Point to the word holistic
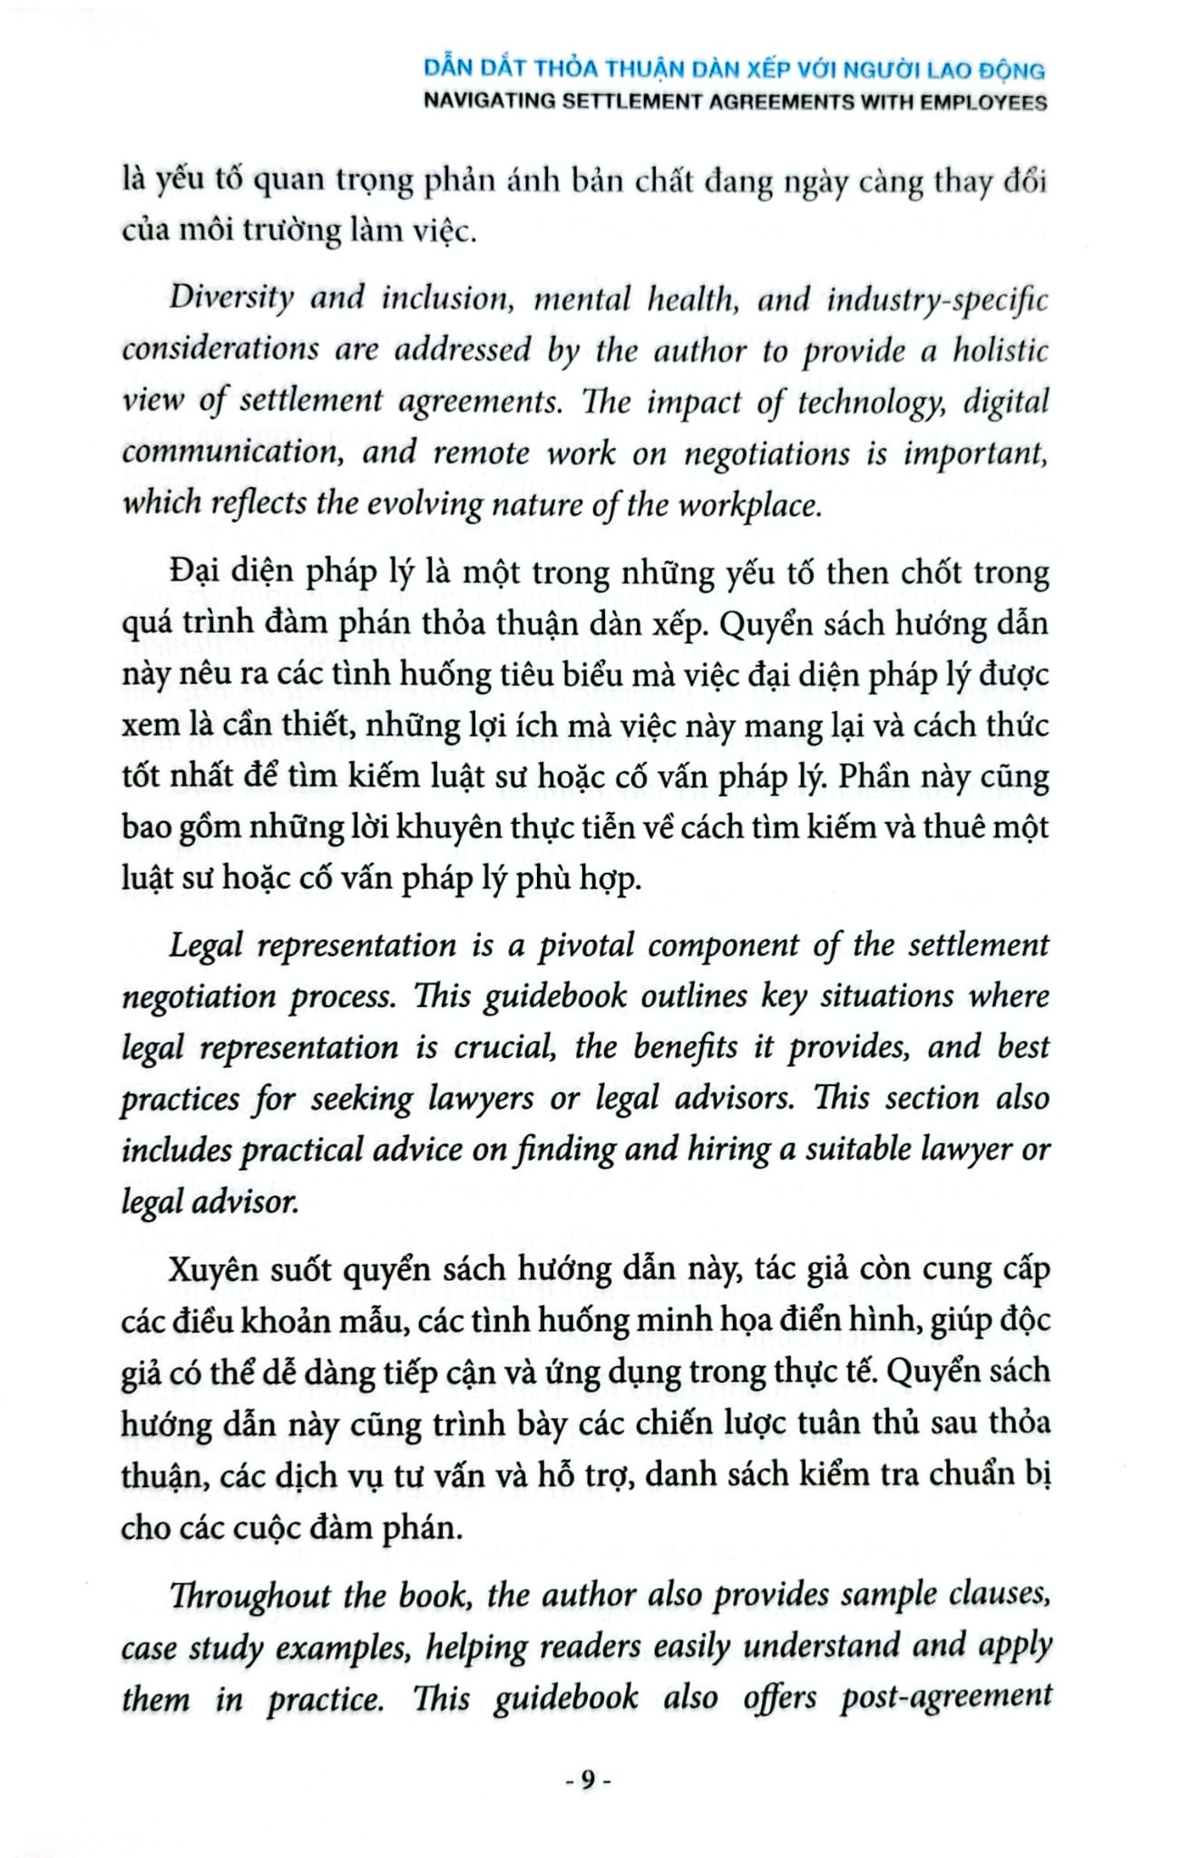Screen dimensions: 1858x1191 click(1000, 350)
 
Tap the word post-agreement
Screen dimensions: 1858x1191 click(945, 1697)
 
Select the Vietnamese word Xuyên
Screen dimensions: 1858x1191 click(214, 1268)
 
